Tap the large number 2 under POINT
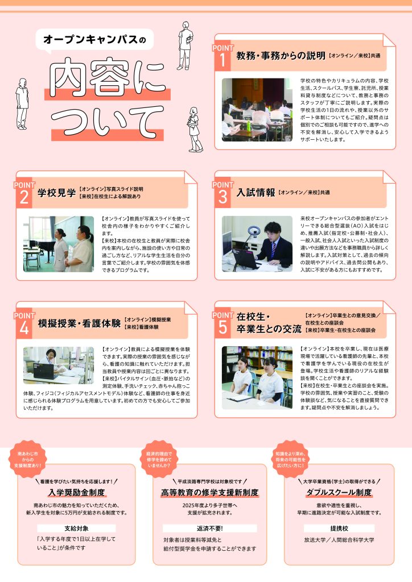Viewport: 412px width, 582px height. tap(24, 197)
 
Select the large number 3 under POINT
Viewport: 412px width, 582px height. tap(223, 197)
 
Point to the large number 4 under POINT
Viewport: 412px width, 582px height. tap(24, 328)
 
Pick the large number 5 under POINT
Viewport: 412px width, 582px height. tap(223, 327)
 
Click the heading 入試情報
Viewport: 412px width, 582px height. tap(256, 193)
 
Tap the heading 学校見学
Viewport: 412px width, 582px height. tap(56, 193)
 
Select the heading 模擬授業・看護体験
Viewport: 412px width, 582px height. tap(80, 323)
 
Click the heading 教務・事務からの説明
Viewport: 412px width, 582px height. tap(281, 56)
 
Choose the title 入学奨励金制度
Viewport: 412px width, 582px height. tap(76, 493)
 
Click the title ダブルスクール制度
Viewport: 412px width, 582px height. tap(339, 493)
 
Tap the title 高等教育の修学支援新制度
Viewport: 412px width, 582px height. tap(209, 493)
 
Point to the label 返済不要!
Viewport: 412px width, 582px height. tap(209, 528)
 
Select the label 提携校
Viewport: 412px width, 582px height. tap(339, 528)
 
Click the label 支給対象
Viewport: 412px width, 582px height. tap(76, 528)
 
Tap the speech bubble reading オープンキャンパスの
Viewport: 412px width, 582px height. tap(94, 40)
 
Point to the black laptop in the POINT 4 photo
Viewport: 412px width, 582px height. tap(44, 371)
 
